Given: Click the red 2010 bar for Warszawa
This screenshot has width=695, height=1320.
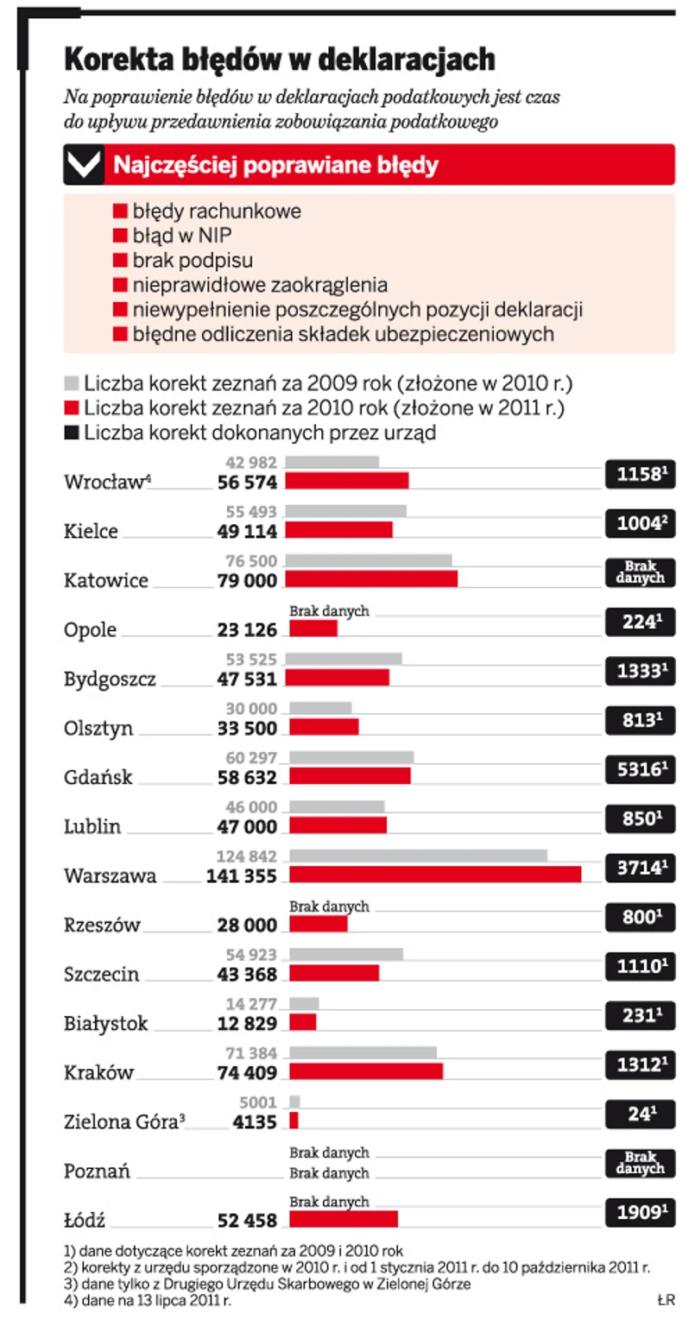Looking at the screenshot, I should [x=434, y=875].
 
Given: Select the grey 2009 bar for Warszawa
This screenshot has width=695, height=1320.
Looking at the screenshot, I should [x=418, y=856].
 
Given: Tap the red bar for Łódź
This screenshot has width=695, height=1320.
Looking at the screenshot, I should [x=343, y=1219].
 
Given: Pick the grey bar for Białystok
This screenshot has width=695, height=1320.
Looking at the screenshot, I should [x=304, y=1004].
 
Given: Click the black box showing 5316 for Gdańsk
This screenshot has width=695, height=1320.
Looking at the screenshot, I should [x=639, y=767].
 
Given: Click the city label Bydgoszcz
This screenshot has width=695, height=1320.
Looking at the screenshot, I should [x=111, y=679].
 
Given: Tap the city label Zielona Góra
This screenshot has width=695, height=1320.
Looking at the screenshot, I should [x=122, y=1122].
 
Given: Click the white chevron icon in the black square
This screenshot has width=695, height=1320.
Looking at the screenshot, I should [x=84, y=165].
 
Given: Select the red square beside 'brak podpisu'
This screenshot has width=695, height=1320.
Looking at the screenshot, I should [x=121, y=259].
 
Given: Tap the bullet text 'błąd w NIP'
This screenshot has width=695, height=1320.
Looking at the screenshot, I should [x=182, y=235].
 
